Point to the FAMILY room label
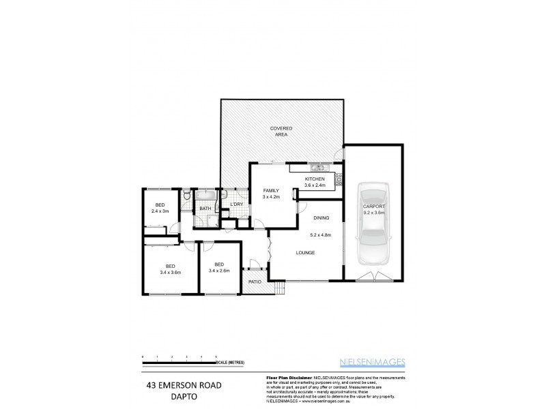coord(271,191)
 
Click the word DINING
coord(321,218)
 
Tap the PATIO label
coord(255,281)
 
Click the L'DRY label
coord(237,204)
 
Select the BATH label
coord(205,209)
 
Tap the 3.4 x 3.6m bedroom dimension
coord(170,271)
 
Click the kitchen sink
coord(318,168)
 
